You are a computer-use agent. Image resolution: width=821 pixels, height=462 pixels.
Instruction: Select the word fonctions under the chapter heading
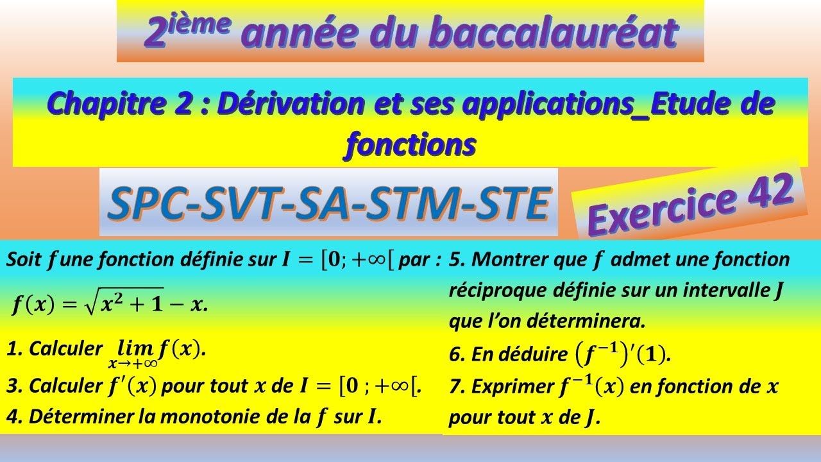point(410,144)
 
